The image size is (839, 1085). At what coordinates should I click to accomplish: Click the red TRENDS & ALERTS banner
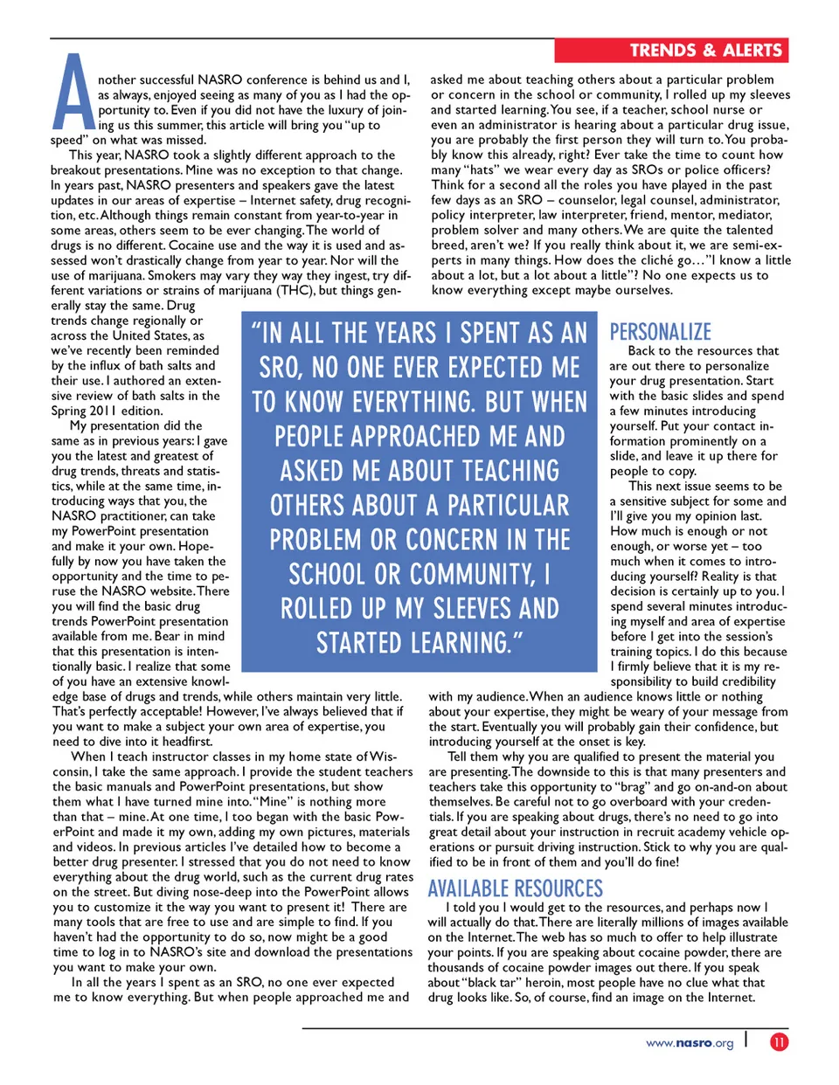point(671,51)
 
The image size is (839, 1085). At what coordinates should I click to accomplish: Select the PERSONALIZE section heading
point(661,332)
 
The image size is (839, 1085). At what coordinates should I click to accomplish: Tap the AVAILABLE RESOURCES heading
point(515,888)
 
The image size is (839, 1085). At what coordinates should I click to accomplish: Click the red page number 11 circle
point(779,1041)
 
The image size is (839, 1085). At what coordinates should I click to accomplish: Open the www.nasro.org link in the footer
point(690,1043)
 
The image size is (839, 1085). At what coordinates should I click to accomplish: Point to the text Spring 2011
point(81,411)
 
